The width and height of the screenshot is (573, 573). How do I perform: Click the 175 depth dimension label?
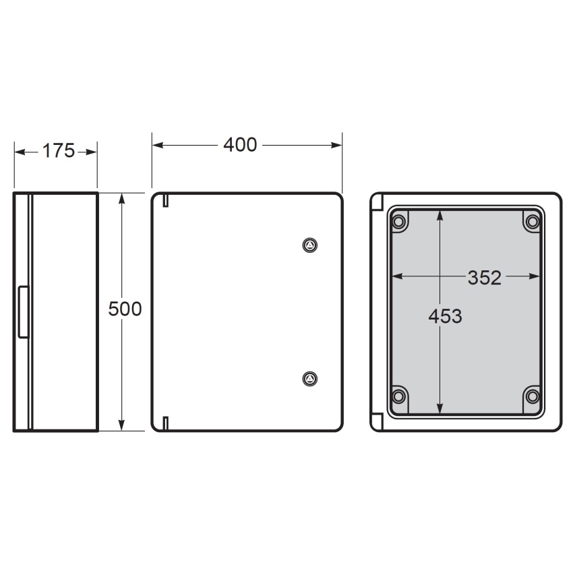[x=59, y=151]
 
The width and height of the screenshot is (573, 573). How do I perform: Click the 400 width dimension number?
[x=240, y=145]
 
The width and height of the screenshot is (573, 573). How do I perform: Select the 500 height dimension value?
[x=125, y=309]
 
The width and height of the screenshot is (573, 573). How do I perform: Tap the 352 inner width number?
[x=485, y=278]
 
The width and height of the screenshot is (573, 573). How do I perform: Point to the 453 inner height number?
[x=445, y=316]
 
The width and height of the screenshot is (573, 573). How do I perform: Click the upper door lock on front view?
[x=310, y=245]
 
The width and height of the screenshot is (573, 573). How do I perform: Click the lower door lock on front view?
[x=310, y=379]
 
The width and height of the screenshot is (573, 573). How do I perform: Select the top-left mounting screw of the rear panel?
[x=398, y=222]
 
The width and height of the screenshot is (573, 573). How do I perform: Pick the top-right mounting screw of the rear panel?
[x=533, y=222]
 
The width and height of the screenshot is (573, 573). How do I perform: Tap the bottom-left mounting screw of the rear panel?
[x=398, y=396]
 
